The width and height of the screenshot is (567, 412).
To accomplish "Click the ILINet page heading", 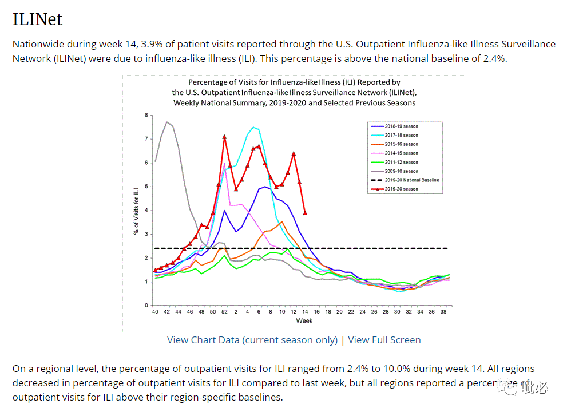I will [x=37, y=19].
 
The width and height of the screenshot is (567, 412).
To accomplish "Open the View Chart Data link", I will [x=252, y=340].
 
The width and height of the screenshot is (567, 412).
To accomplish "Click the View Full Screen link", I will [x=384, y=340].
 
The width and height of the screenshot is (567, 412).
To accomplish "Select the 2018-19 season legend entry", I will [x=402, y=126].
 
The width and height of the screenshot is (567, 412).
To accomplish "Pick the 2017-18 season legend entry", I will [x=402, y=135].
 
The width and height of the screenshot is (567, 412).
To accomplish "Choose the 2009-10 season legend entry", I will [x=402, y=171].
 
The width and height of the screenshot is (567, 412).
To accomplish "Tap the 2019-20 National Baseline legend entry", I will [x=410, y=180].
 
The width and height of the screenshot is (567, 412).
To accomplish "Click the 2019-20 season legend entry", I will [x=402, y=189].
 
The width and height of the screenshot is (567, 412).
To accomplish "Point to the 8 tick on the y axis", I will [x=146, y=115].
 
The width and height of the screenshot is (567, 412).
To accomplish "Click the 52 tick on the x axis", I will [x=224, y=312].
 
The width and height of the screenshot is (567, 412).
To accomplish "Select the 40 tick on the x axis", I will [x=155, y=312].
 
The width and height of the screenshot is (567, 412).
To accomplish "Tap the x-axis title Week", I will [x=304, y=320].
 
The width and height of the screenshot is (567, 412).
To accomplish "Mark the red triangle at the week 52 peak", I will [x=224, y=137].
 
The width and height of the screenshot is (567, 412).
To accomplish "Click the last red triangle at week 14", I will [x=305, y=213].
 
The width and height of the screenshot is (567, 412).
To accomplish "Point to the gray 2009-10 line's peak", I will [x=166, y=122].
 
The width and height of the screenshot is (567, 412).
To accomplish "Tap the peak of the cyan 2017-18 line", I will [x=253, y=127].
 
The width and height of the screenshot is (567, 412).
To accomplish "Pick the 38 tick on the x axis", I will [x=443, y=312].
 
